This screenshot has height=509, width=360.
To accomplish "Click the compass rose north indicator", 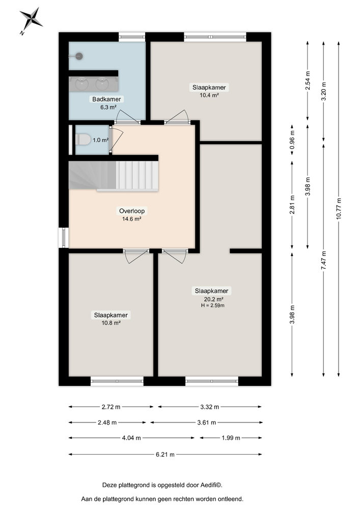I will pos(32,19).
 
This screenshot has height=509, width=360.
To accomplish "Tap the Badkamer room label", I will pos(106,99).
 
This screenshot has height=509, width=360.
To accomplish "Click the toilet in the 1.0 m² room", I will pos(83,139).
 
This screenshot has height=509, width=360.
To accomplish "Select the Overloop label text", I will pos(131,211).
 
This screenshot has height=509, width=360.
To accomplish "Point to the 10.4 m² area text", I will pos(209,95).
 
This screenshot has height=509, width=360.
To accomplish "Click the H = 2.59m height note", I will pos(212,306).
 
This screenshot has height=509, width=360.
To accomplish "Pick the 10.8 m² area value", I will pos(110,323).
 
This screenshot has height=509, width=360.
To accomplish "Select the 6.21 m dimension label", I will pos(165,455).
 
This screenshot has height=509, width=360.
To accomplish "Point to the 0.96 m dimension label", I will pos(292,144).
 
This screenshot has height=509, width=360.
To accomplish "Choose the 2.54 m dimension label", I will pos(308,82).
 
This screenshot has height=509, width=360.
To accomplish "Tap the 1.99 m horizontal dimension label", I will pos(230,438).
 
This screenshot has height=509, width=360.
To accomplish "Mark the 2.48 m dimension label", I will pos(107,422).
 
